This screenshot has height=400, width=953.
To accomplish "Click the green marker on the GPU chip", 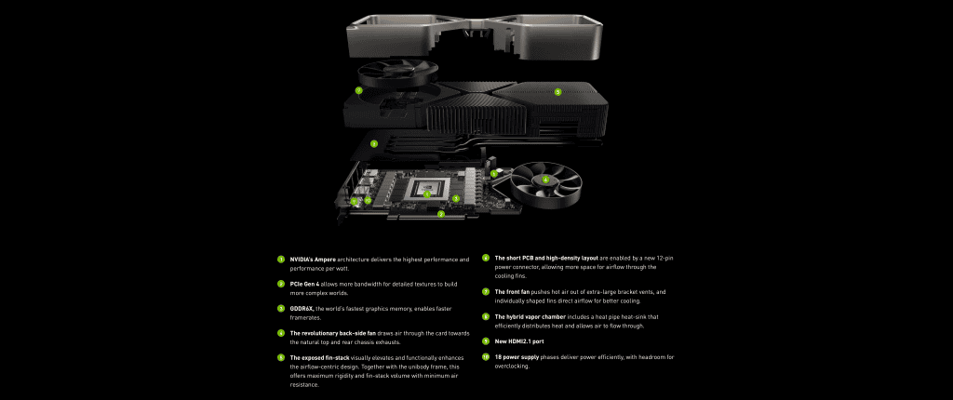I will (x=427, y=193).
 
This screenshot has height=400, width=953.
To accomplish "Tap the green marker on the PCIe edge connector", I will (x=440, y=213).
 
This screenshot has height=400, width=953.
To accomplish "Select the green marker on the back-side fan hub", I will (x=545, y=180).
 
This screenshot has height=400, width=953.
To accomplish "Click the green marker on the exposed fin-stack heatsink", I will (x=557, y=91).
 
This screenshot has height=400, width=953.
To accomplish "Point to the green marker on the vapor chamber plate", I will (x=373, y=143).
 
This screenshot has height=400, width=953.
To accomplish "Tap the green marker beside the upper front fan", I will (x=358, y=91).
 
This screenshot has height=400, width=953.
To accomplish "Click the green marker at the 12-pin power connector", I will (x=493, y=173).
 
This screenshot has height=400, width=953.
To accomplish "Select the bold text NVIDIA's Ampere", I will (x=313, y=259).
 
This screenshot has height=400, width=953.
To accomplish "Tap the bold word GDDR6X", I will (x=302, y=308).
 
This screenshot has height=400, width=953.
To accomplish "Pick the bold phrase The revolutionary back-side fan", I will (x=331, y=332).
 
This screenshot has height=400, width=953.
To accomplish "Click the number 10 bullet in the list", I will (x=486, y=357).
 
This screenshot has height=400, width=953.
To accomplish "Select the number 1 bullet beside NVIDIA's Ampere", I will (x=281, y=259).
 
